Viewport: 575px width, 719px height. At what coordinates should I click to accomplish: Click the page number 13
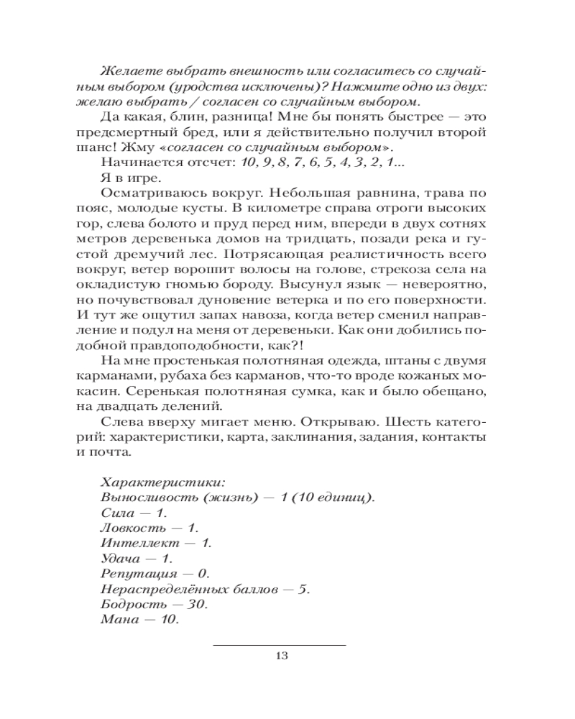point(281,655)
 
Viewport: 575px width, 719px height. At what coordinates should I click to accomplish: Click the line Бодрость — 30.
point(151,605)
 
